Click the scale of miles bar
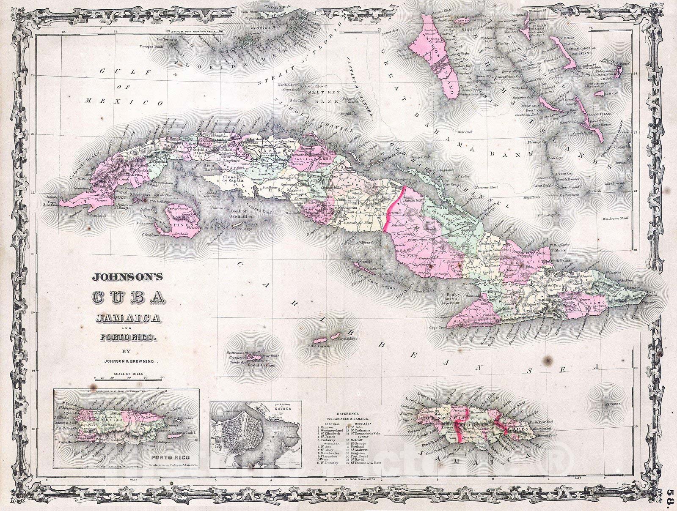point(127,380)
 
